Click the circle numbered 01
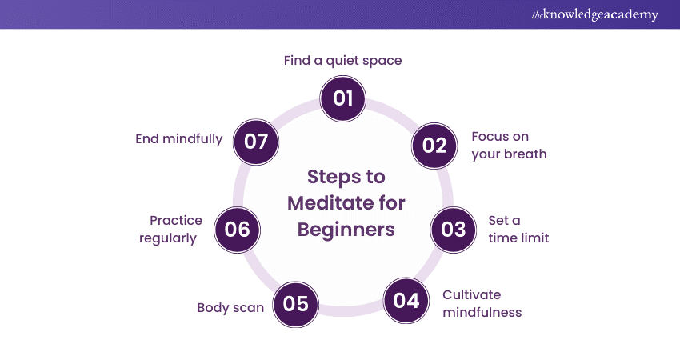(x=342, y=98)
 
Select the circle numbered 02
(x=434, y=145)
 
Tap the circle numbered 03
(x=453, y=230)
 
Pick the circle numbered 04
(x=406, y=301)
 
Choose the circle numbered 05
(x=295, y=304)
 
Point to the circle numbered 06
(x=238, y=230)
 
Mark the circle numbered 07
(x=255, y=142)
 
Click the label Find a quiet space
(x=342, y=60)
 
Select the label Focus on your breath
(x=509, y=145)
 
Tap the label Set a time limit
(x=518, y=229)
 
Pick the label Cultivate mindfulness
(x=482, y=303)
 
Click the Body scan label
(x=230, y=307)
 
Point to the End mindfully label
(x=178, y=138)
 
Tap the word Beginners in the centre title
(x=346, y=229)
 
